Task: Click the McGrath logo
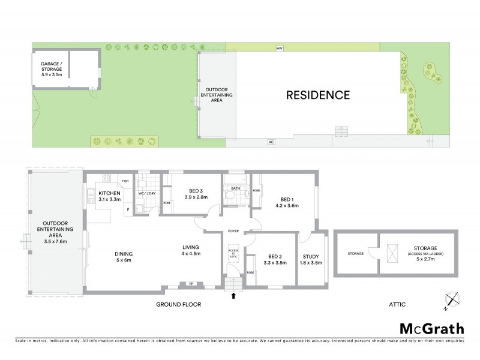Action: pyautogui.click(x=432, y=328)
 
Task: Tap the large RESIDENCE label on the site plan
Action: pyautogui.click(x=317, y=95)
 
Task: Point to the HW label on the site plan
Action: pyautogui.click(x=279, y=48)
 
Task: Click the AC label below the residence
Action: pyautogui.click(x=271, y=142)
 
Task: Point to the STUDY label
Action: pyautogui.click(x=310, y=259)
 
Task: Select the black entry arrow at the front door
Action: pyautogui.click(x=233, y=295)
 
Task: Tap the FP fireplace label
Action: pyautogui.click(x=191, y=283)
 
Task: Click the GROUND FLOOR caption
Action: pyautogui.click(x=178, y=305)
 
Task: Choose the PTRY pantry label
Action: pyautogui.click(x=125, y=181)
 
